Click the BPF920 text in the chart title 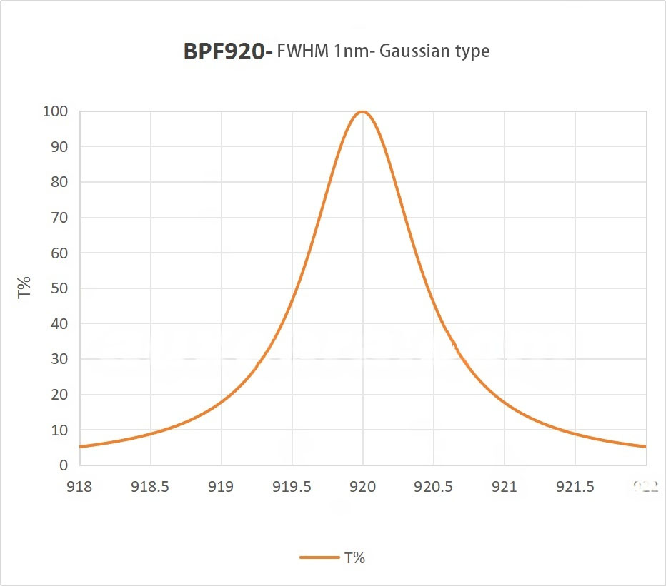[224, 51]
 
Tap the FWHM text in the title [304, 51]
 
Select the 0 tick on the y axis [64, 465]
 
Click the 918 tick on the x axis [79, 487]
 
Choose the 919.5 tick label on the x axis [292, 487]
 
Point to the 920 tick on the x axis [362, 487]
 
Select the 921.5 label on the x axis [575, 487]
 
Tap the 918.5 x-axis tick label [150, 487]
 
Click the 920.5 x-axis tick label [433, 487]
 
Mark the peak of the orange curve [362, 111]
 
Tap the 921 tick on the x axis [505, 487]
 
